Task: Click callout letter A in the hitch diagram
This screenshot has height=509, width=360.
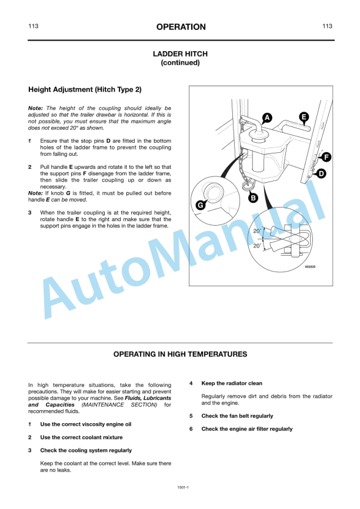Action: coord(267,117)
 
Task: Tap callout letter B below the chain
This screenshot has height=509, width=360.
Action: coord(253,198)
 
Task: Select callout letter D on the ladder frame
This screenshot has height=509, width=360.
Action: coord(321,173)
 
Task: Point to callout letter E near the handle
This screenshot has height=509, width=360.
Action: coord(304,117)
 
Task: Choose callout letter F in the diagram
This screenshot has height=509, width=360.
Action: coord(326,157)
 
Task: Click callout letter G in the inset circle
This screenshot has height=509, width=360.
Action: coord(201,205)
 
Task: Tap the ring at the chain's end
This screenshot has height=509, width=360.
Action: coord(248,186)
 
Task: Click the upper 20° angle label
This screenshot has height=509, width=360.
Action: coord(256,231)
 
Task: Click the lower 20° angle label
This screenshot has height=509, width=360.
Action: coord(256,246)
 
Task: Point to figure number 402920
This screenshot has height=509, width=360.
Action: coord(310,266)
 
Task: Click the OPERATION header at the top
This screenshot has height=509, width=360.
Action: coord(181,27)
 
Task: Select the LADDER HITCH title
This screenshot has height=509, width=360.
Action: coord(180,54)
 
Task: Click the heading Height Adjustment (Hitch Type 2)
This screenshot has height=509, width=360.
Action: coord(85,90)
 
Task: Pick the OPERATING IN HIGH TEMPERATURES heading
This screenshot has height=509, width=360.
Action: coord(180,354)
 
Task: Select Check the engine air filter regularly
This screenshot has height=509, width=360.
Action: coord(246,429)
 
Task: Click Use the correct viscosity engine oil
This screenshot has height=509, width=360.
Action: coord(85,424)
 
